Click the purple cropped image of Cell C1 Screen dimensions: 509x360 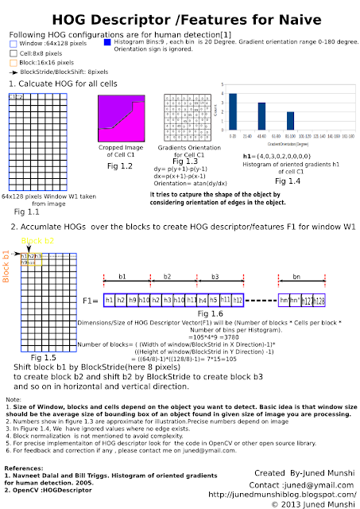124,119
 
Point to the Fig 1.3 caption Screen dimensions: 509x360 186,161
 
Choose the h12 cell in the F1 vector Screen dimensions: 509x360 238,301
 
